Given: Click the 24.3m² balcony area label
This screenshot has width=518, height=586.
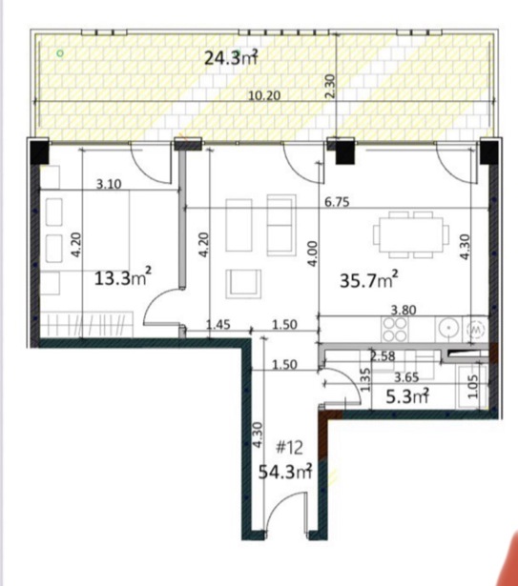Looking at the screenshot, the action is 231,58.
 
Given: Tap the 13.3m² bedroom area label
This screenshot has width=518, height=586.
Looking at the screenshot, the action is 123,277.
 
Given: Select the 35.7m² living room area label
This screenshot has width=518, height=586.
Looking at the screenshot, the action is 368,280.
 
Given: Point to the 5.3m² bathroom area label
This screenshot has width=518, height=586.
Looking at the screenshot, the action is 406,396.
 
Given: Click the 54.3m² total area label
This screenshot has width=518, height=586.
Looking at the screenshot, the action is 285,472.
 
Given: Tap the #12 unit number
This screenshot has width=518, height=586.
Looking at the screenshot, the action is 289,447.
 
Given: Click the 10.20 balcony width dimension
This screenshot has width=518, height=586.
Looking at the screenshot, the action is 264,95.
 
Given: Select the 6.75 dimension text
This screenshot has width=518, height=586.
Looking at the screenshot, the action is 337,202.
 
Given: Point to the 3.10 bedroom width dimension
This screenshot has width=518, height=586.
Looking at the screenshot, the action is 109,184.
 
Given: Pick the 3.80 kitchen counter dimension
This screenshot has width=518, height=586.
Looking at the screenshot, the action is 404,310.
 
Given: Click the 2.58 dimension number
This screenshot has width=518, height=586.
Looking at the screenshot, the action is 383,356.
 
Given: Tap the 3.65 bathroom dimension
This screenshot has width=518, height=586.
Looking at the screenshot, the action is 406,377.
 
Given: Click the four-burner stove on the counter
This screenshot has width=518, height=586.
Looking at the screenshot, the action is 395,330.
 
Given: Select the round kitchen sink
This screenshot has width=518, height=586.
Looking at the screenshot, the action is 448,329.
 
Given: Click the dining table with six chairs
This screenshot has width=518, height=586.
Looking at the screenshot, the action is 411,234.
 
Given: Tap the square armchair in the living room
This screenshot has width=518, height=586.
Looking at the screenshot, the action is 243,284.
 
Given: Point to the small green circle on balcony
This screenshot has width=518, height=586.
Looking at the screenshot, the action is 60,53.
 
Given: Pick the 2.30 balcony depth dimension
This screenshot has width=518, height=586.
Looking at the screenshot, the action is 330,86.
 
